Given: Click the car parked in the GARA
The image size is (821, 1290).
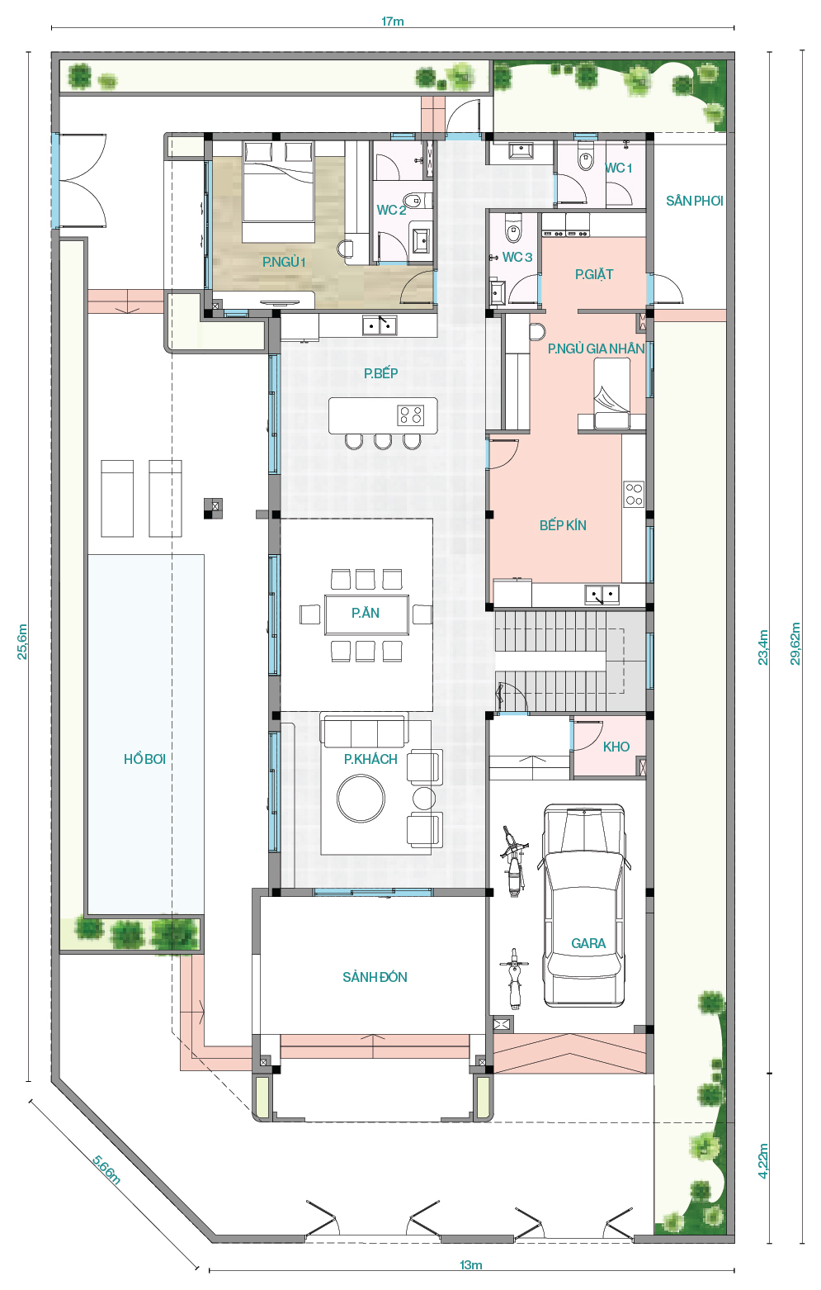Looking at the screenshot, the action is click(584, 904).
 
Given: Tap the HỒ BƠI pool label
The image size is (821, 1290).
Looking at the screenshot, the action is click(144, 759).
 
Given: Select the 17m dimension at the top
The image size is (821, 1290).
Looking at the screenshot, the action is click(393, 21).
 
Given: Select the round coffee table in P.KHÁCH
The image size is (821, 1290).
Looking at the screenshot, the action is click(361, 798).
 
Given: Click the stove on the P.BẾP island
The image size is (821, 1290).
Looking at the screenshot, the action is click(411, 415).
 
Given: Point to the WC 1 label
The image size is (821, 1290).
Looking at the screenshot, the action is click(619, 168).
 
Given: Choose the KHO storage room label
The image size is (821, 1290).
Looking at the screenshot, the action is click(616, 747).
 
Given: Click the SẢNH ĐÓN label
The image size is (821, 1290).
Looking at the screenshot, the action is click(375, 977).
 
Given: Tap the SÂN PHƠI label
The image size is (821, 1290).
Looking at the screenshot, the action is click(695, 201).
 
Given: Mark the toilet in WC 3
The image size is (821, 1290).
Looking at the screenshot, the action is click(512, 228).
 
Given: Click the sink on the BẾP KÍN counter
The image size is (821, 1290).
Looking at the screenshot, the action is click(602, 594).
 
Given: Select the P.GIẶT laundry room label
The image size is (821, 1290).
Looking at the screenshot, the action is click(594, 275).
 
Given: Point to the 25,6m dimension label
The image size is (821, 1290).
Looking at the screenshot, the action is click(21, 642).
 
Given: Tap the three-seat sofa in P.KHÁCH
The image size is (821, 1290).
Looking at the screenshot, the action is click(366, 732).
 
